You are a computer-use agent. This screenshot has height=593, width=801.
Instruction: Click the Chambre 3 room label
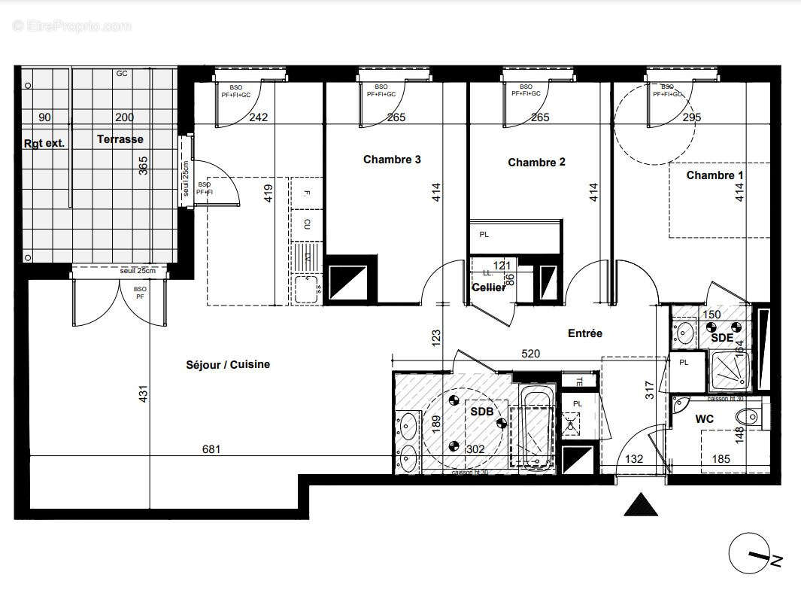coord(392,160)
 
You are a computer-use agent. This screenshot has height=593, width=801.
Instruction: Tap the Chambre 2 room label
coord(536,162)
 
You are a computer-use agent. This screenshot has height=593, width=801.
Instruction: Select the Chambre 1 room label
coord(715,175)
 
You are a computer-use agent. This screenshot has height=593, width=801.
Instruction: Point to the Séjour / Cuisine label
coord(228,364)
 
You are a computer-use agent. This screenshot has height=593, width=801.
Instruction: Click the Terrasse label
coord(120,139)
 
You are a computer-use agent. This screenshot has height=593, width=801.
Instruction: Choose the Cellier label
coord(488,287)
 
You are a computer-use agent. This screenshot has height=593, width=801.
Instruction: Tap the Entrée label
coord(584,333)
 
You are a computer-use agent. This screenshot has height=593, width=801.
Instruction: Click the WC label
coord(704,418)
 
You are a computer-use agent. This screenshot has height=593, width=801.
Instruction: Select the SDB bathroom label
coord(481,412)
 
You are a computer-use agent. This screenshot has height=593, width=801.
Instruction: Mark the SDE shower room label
coord(722,338)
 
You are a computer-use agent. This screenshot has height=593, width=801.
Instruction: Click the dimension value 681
coord(212,449)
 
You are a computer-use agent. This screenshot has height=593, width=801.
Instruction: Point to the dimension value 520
coord(532,352)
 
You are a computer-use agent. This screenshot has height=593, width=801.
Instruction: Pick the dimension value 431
coord(144,394)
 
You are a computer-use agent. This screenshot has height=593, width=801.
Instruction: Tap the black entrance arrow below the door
coord(641,505)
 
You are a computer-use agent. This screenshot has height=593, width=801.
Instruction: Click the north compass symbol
coord(754,555)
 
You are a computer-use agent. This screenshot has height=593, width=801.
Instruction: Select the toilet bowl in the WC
coord(750,417)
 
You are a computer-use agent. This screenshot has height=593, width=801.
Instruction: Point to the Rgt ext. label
coord(44,143)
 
